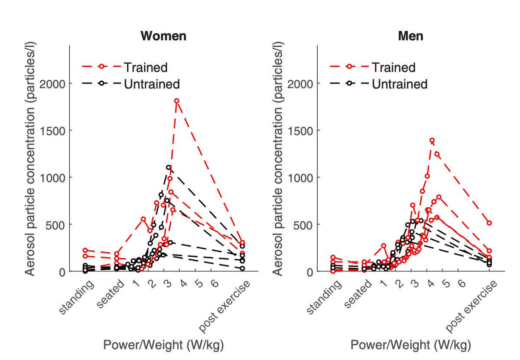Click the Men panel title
point(410,36)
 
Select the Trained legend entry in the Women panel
point(146,67)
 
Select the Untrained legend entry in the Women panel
point(151,84)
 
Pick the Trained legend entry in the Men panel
point(393,67)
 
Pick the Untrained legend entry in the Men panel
point(399,84)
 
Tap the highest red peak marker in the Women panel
point(177,101)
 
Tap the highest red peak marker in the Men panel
point(432,141)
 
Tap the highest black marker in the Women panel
point(169,167)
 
